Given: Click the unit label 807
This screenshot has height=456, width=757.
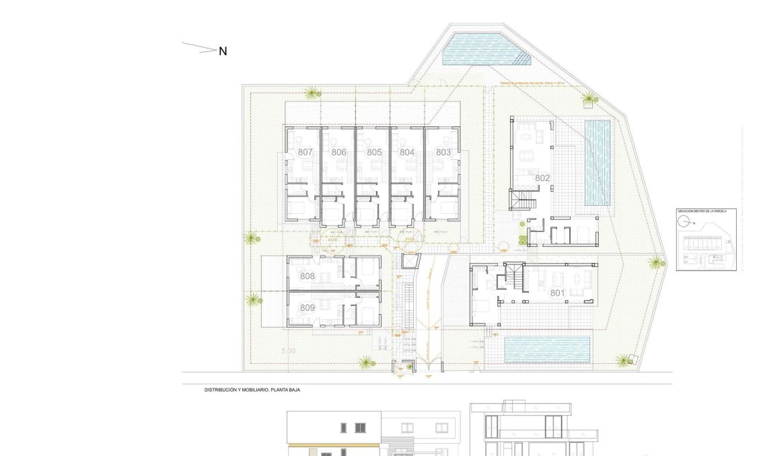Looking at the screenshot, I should (x=305, y=153).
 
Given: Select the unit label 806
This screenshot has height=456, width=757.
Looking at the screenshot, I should (x=338, y=153).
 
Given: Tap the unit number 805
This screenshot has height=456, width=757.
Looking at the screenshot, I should (x=374, y=153).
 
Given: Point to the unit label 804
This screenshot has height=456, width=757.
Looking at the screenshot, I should (x=406, y=153).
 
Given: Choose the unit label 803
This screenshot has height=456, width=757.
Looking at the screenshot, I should (x=443, y=153).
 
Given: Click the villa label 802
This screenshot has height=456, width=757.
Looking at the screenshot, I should (x=542, y=178).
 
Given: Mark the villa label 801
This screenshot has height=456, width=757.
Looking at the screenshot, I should (x=557, y=293).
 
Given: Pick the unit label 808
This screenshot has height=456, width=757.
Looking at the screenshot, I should (x=307, y=276).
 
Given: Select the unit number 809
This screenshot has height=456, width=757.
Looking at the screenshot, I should (x=307, y=308).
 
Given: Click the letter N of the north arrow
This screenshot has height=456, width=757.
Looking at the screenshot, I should (x=223, y=50).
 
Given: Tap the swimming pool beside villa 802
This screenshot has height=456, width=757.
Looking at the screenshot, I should (x=597, y=162).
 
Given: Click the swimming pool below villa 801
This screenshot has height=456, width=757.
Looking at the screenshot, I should (x=547, y=349).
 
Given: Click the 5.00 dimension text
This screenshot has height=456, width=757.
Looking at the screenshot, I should (x=288, y=351).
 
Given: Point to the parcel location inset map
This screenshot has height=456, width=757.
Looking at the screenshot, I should (x=706, y=239).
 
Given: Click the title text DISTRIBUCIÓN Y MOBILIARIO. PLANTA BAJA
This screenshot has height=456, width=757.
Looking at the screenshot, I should (x=252, y=389).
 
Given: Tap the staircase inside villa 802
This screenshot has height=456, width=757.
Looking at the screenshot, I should (x=524, y=200).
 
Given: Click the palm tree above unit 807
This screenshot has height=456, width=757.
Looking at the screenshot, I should (x=311, y=93).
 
